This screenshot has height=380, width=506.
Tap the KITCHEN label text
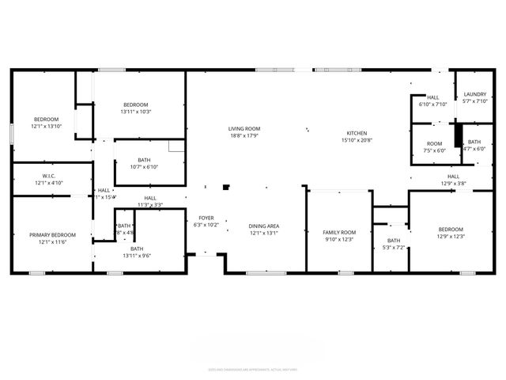[x=357, y=133]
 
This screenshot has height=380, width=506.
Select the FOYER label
[x=206, y=218]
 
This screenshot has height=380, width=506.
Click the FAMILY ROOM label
[x=339, y=232]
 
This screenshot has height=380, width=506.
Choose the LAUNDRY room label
[x=475, y=94]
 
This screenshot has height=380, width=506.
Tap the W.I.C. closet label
[x=48, y=176]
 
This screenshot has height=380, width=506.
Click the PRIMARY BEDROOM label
[x=52, y=235]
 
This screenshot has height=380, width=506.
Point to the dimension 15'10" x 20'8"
[x=357, y=140]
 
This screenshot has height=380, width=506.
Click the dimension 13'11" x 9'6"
[x=142, y=256]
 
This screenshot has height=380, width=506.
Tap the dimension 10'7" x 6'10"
[x=143, y=167]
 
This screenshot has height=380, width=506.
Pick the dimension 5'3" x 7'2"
[x=394, y=248]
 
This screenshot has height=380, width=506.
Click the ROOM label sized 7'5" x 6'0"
[x=435, y=143]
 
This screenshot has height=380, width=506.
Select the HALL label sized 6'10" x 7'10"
[x=433, y=97]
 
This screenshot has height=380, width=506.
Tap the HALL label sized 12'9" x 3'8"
[x=453, y=177]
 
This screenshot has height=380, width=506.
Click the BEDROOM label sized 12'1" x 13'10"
[x=46, y=119]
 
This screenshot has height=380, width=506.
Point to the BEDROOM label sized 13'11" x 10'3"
[x=136, y=104]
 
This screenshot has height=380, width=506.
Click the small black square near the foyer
[x=226, y=188]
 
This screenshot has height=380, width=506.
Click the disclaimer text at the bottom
[x=253, y=369]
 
